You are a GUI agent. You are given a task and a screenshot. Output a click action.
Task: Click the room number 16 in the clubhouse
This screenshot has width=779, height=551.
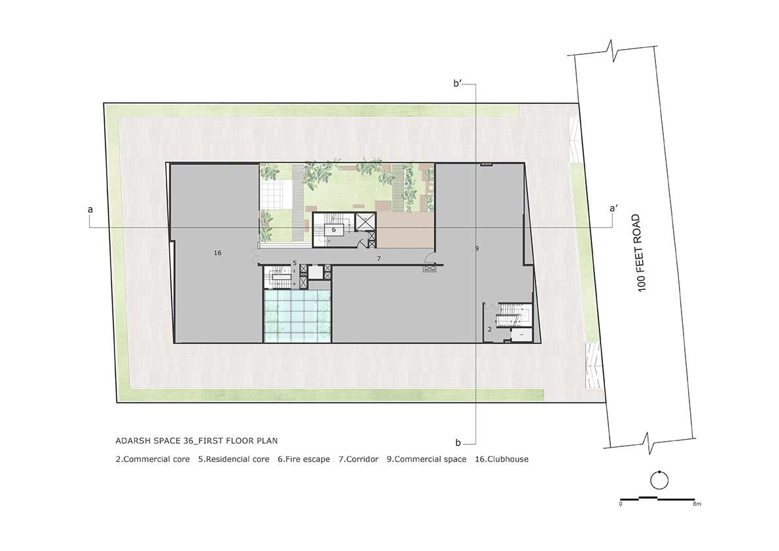coord(218,253)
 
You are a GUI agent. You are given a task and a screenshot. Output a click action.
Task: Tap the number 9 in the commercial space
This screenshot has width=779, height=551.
coord(477,248)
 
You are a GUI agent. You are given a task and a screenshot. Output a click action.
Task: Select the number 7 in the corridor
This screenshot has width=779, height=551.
coord(379,258)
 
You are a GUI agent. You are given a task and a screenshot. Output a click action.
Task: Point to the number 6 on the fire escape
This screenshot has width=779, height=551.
coord(334,230)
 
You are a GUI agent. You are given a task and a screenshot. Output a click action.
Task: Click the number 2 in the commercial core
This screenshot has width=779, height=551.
coord(489,329)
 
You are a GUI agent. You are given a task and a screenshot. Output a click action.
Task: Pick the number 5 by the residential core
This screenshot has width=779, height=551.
coord(294,262)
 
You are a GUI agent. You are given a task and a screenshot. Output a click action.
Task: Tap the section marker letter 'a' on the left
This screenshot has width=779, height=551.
coord(90,209)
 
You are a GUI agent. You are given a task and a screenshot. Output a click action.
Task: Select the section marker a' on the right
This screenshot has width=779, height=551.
coord(614,209)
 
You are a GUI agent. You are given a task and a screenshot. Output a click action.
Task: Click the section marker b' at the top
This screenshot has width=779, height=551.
coord(458,84)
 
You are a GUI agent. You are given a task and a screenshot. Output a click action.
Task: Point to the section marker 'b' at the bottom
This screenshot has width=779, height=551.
coord(458,442)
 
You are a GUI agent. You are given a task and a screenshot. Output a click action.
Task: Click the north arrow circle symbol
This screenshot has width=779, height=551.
coord(659,480)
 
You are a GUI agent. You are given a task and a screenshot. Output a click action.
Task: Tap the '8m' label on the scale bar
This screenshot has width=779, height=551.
coord(697,505)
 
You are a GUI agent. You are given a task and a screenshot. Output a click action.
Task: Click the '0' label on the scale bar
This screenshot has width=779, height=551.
coord(621,505)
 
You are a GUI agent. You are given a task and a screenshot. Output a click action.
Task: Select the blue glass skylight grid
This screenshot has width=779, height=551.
coord(297,316)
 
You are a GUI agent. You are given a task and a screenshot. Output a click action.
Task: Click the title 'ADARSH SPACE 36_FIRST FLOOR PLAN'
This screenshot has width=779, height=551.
coord(197,440)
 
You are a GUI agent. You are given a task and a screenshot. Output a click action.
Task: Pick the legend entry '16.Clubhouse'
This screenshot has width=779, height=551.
coord(502,459)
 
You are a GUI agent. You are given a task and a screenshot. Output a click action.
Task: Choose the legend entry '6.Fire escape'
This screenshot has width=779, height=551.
coord(303,459)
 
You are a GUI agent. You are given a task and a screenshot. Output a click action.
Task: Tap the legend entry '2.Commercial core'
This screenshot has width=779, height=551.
coord(152,459)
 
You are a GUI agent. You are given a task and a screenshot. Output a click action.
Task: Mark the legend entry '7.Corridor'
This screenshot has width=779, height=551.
coord(358,459)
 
